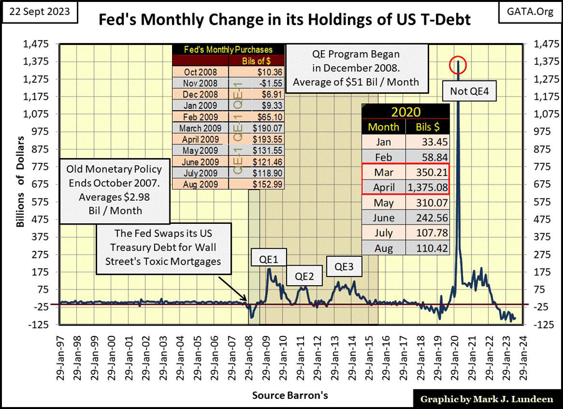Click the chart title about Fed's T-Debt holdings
click(x=285, y=20)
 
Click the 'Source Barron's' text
click(x=290, y=395)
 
